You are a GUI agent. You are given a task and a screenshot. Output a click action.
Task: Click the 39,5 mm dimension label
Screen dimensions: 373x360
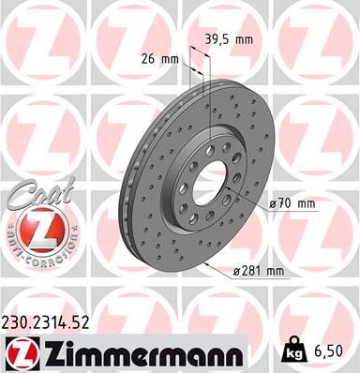228,40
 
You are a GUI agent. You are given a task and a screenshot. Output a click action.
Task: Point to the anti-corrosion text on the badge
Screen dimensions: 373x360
35,252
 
